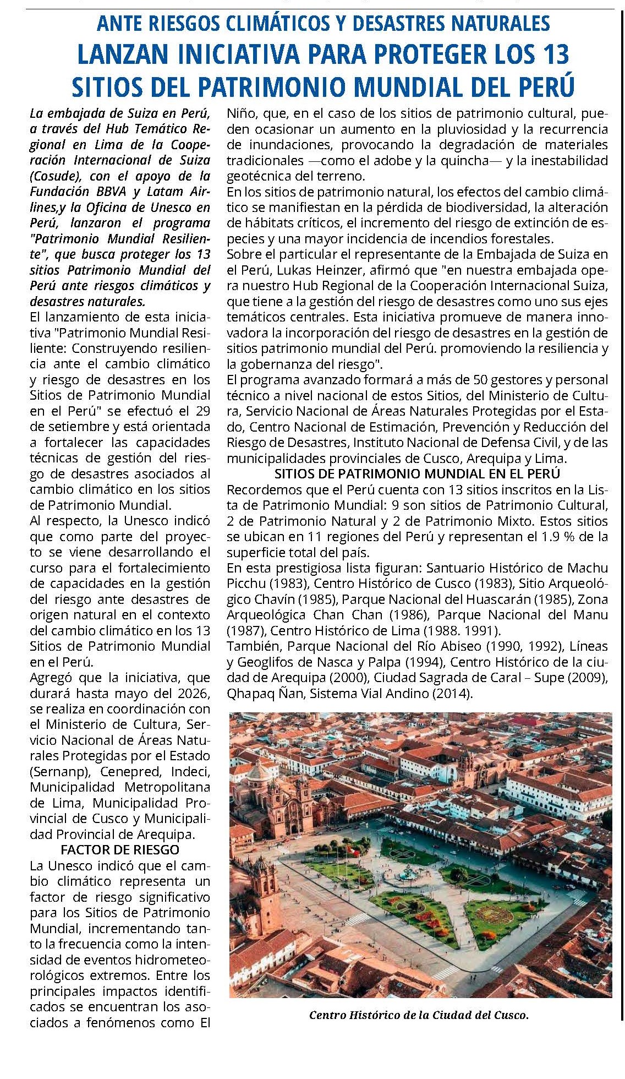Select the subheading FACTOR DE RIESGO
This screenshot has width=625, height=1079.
(x=120, y=849)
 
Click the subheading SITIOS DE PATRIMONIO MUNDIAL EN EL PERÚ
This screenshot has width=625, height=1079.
(x=417, y=474)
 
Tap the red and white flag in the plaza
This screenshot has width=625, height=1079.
(x=348, y=852)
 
